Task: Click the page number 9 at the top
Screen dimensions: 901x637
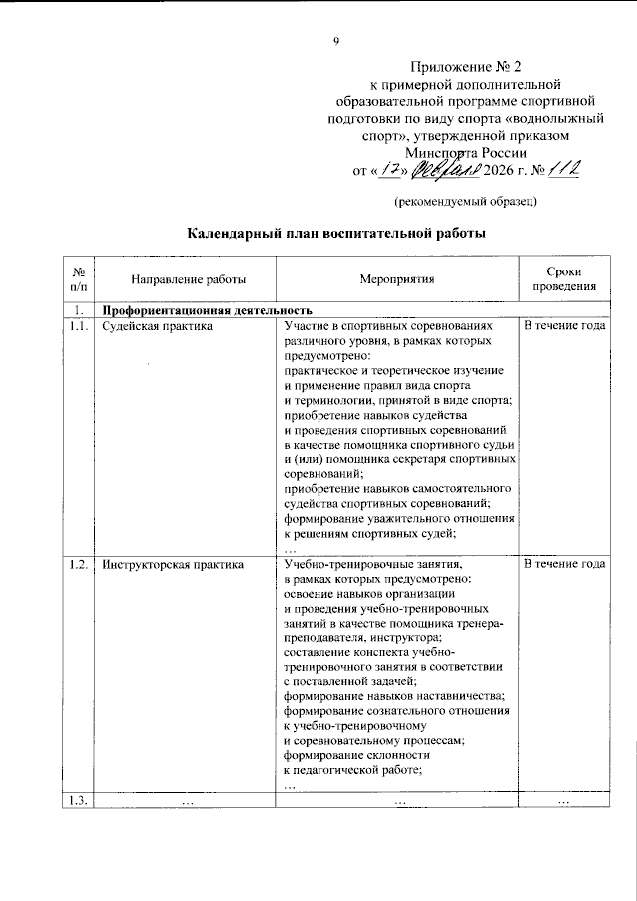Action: tap(335, 41)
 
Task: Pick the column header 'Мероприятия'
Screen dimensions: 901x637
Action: tap(397, 280)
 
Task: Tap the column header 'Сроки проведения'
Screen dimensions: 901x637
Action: tap(563, 279)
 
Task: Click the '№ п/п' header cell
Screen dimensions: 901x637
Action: tap(77, 279)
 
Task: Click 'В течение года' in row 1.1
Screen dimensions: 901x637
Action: tap(563, 326)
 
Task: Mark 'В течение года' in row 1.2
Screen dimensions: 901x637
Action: tap(563, 564)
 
